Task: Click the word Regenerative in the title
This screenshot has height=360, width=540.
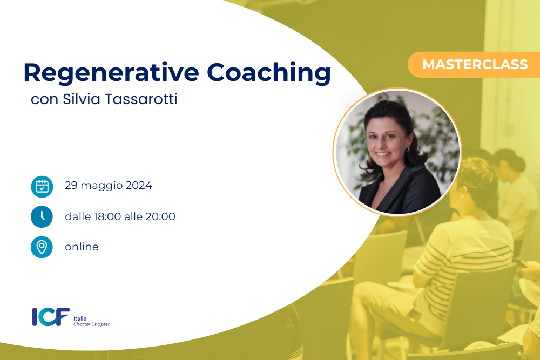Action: coord(111,73)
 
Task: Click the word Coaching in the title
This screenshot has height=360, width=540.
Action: coord(268,73)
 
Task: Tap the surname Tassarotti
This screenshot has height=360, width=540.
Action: coord(141,99)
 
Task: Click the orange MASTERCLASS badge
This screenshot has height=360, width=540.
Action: coord(474,65)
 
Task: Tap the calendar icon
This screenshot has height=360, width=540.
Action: coord(42,187)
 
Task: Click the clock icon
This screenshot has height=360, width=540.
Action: coord(42,217)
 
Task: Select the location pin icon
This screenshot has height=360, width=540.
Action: coord(42,247)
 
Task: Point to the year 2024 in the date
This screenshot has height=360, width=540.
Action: coord(139,186)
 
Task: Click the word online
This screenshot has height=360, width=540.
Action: coord(82,247)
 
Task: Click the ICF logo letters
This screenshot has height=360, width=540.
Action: coord(51,317)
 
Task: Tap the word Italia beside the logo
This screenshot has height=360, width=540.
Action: coord(80,318)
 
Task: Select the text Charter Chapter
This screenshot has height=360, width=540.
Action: coord(92,324)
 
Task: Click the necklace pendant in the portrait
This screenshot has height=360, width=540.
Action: coord(382,194)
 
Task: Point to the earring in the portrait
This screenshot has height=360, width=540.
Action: coord(407,150)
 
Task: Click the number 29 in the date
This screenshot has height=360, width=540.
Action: coord(71,186)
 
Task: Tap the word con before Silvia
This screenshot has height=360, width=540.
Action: coord(44,100)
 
